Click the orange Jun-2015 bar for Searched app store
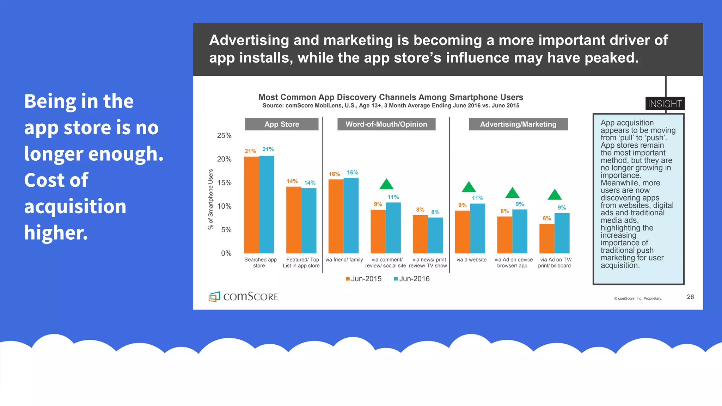(x=251, y=205)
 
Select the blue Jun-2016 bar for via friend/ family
(x=351, y=215)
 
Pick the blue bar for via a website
(x=477, y=228)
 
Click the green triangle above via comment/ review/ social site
(x=386, y=184)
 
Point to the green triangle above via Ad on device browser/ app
(x=512, y=193)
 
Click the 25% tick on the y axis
(x=224, y=136)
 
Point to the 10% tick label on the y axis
(x=224, y=206)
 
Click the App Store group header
(x=282, y=124)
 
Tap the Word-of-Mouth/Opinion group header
(x=386, y=124)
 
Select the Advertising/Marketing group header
(x=518, y=124)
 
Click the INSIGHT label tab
(x=665, y=104)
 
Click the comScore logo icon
(x=214, y=297)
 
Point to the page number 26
(x=690, y=297)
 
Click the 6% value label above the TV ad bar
(x=546, y=219)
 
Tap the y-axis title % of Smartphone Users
(x=211, y=199)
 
